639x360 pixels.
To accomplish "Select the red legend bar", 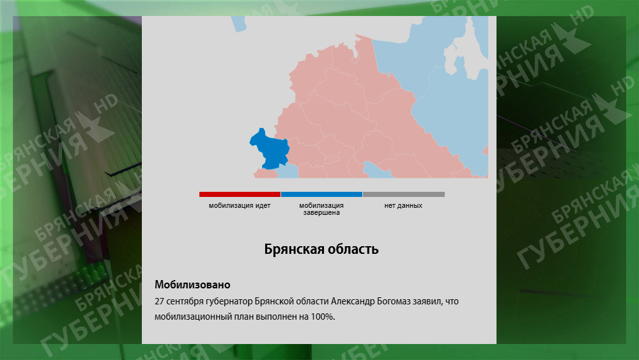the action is click(240, 194).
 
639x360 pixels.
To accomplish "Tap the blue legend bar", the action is click(321, 194).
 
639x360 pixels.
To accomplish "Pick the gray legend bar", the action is click(403, 194).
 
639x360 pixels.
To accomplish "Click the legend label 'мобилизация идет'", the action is click(240, 205).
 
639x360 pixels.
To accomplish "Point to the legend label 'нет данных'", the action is click(403, 205).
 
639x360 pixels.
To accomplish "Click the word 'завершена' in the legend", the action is click(321, 212).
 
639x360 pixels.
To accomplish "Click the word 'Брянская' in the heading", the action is click(294, 249).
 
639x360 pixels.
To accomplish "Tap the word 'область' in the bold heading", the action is click(353, 249).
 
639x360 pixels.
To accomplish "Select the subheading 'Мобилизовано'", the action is click(192, 285).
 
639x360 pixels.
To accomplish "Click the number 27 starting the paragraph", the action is click(159, 301).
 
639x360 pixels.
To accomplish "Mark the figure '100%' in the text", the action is click(323, 317).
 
